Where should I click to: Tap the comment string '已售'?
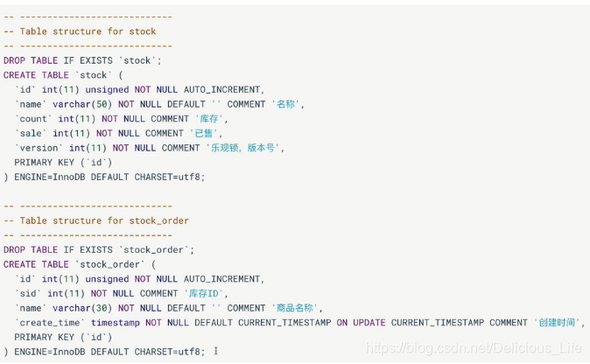pyautogui.click(x=205, y=133)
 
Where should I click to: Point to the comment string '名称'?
pyautogui.click(x=287, y=104)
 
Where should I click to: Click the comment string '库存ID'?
pyautogui.click(x=206, y=293)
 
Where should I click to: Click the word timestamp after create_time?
pyautogui.click(x=116, y=323)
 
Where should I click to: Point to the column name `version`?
pyautogui.click(x=39, y=148)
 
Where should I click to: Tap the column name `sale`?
pyautogui.click(x=31, y=133)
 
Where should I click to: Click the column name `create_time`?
pyautogui.click(x=50, y=323)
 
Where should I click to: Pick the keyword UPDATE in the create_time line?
pyautogui.click(x=369, y=323)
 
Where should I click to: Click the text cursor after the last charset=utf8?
pyautogui.click(x=215, y=352)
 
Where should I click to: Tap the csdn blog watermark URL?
pyautogui.click(x=474, y=349)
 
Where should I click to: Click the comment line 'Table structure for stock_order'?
pyautogui.click(x=96, y=220)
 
